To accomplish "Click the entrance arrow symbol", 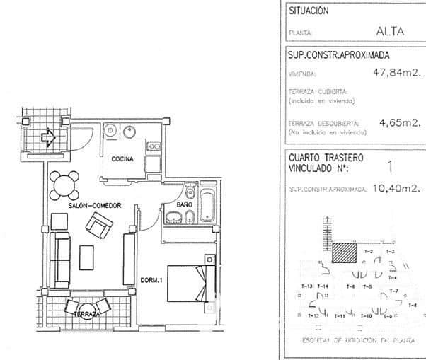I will tap(48, 137).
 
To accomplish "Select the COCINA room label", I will tap(123, 159).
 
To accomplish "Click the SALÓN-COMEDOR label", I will tap(91, 205).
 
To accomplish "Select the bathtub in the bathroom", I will tap(207, 204).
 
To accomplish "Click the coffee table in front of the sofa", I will tap(88, 257).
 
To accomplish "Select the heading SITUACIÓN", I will tap(309, 11).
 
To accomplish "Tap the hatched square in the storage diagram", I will tap(345, 252).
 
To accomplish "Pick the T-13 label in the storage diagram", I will tap(306, 285).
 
